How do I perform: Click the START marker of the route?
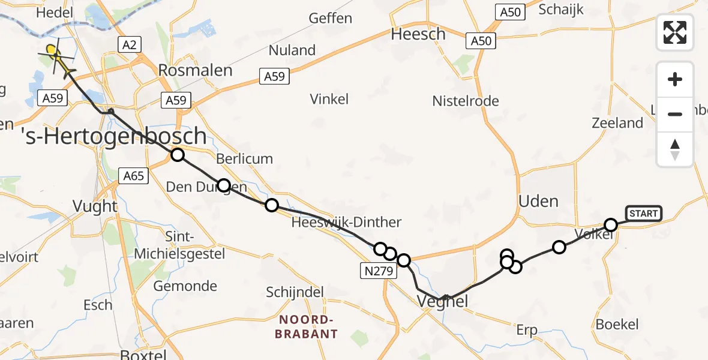tap(643, 213)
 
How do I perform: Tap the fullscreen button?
tap(675, 32)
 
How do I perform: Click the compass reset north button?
tap(675, 149)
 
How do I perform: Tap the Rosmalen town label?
tap(195, 70)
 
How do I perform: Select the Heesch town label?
tap(418, 34)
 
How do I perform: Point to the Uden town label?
tap(538, 201)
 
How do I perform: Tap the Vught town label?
tap(95, 206)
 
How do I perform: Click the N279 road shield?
tap(378, 271)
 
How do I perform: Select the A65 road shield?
tap(134, 176)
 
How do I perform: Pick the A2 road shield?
tap(129, 44)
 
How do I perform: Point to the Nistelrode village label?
tap(466, 101)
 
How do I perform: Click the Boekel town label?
tap(617, 325)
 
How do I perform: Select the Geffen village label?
tap(331, 18)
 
